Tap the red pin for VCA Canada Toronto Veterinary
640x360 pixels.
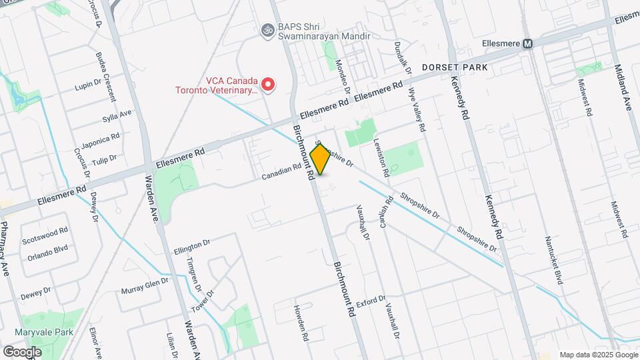tap(267, 85)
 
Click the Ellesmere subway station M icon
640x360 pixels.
tap(528, 43)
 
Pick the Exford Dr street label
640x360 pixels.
tap(371, 302)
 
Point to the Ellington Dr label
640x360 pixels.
tap(192, 247)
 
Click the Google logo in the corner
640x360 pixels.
tap(22, 351)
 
